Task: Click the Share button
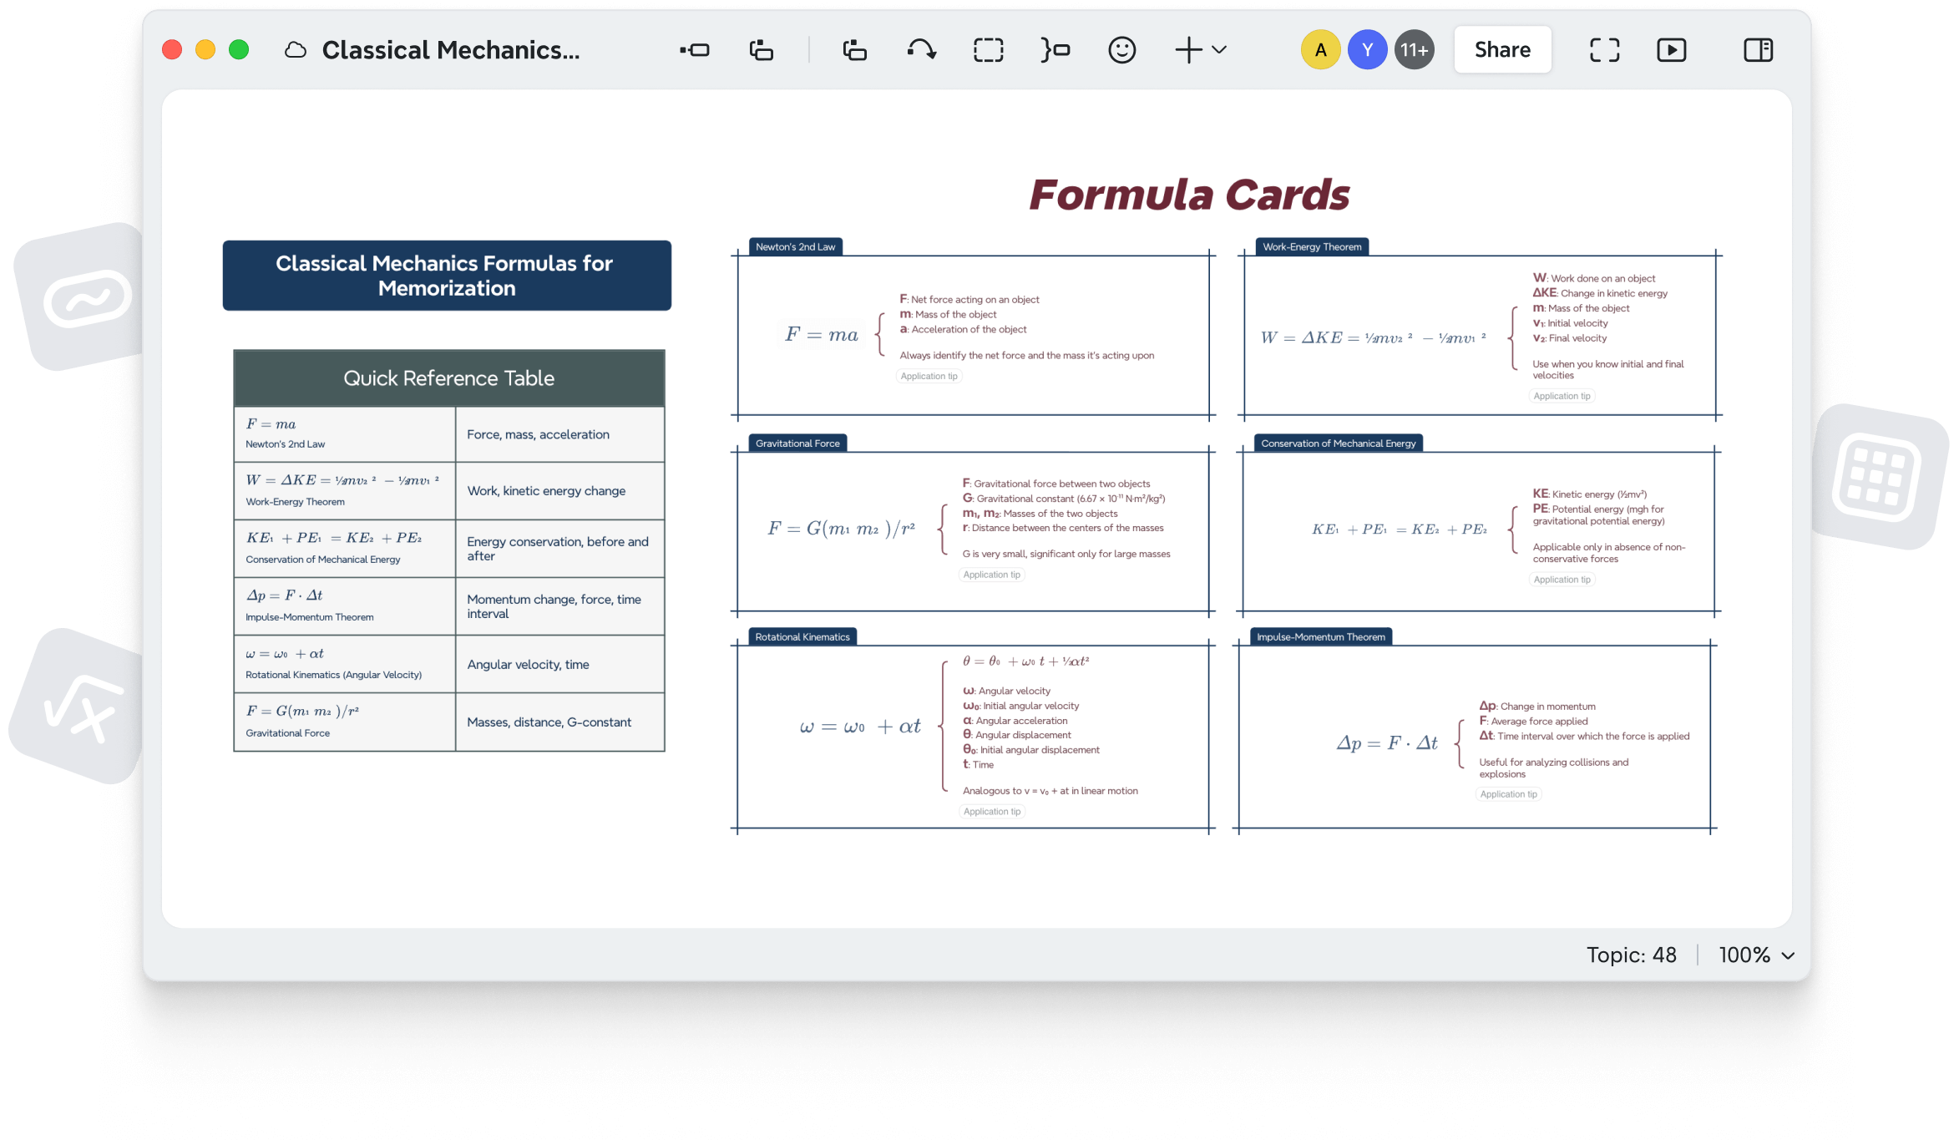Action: coord(1502,50)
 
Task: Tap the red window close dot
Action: coord(172,50)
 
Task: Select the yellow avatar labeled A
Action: coord(1320,50)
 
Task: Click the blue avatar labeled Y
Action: coord(1367,50)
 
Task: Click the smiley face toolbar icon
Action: coord(1121,50)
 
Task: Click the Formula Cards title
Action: coord(1189,195)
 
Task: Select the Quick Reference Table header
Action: coord(448,378)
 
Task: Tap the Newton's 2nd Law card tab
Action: coord(795,247)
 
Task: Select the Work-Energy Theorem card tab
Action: coord(1312,247)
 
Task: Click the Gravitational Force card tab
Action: coord(797,443)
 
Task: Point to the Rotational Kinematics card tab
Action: coord(802,637)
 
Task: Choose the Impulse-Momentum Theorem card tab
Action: coord(1321,637)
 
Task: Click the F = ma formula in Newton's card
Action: coord(822,335)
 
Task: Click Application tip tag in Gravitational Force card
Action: coord(991,575)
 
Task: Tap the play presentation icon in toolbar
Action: coord(1671,50)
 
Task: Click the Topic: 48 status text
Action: coord(1631,955)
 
